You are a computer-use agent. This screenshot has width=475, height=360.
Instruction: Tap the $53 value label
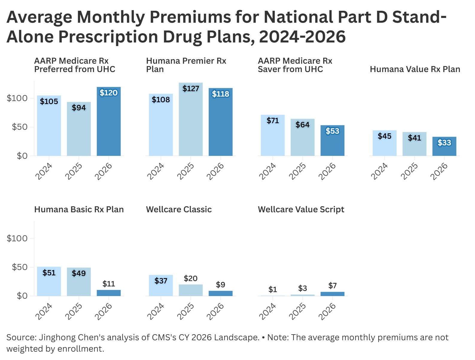coord(332,131)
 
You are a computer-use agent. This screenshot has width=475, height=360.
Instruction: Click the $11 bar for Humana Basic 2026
coord(109,293)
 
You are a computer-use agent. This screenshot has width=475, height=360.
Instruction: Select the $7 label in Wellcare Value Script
coord(332,286)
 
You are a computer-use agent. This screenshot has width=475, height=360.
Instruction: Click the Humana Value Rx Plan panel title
coord(415,69)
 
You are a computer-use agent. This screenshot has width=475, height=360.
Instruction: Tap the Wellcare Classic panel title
coord(179,209)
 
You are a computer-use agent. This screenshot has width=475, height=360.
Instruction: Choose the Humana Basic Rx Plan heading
coord(79,209)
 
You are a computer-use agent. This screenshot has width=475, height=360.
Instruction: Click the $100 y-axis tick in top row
coord(17,98)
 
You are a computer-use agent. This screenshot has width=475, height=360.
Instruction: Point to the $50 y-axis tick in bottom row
coord(19,267)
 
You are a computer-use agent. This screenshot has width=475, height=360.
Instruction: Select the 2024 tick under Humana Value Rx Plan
coord(379,171)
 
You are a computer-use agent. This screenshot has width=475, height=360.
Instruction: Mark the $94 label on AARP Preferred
coord(79,108)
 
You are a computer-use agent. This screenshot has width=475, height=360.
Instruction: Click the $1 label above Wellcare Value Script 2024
coord(272,289)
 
